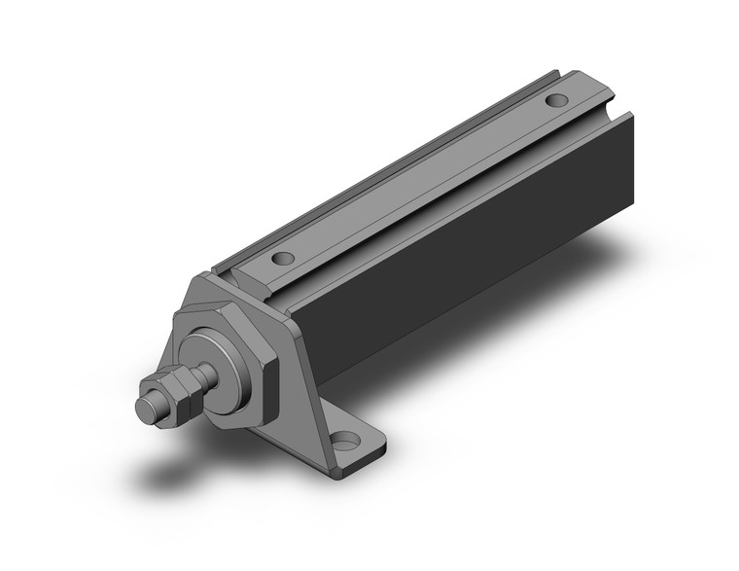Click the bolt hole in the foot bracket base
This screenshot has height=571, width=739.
[343, 446]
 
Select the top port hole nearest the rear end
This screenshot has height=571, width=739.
[557, 100]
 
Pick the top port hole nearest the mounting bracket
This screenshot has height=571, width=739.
[283, 260]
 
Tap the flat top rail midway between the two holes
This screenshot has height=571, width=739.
[418, 180]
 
